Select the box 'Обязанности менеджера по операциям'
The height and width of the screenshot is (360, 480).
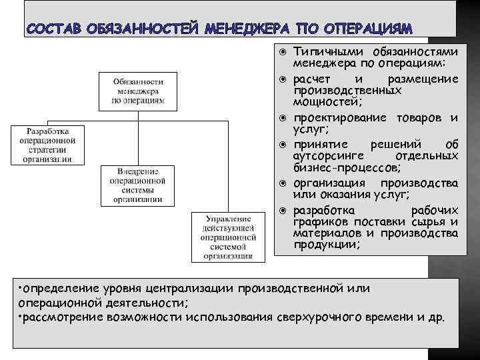[x=139, y=89]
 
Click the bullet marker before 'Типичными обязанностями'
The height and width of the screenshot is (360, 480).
[x=283, y=52]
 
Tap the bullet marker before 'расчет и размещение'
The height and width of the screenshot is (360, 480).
[x=283, y=79]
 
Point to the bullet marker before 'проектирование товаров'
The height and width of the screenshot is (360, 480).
[x=283, y=118]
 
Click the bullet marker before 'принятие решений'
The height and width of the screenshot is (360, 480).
[x=283, y=145]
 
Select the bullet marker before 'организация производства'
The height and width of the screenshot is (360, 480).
[x=283, y=183]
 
